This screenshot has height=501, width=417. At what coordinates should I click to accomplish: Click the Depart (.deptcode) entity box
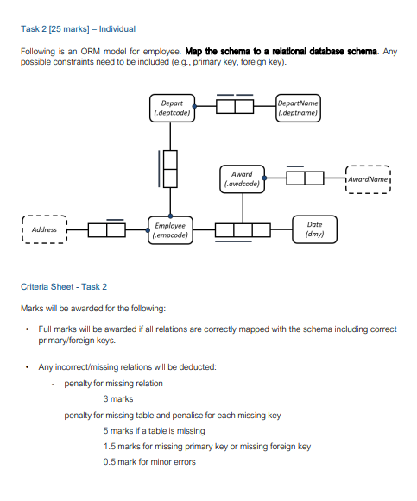(171, 108)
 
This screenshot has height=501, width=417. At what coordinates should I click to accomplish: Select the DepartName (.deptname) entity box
(298, 108)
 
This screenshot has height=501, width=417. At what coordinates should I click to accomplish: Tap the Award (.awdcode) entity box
(242, 178)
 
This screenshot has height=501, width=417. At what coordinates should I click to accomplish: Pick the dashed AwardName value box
(367, 178)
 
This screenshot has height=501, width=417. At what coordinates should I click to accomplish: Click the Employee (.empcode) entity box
(170, 229)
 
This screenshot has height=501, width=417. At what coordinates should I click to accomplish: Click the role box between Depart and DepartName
(234, 107)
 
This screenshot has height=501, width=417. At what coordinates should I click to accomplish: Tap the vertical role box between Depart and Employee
(171, 168)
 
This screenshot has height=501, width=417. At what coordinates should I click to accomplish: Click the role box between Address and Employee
(107, 229)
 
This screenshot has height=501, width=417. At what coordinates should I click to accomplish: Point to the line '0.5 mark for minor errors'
(148, 461)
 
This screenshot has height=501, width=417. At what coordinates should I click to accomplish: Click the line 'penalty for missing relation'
(113, 383)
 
